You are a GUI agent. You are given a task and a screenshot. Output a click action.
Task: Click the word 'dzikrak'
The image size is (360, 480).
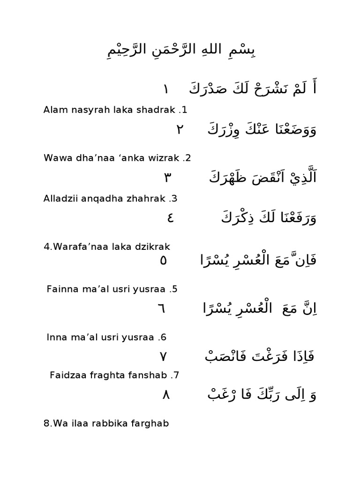point(152,247)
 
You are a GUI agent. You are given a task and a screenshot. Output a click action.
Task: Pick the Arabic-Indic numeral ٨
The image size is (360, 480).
point(165,395)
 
